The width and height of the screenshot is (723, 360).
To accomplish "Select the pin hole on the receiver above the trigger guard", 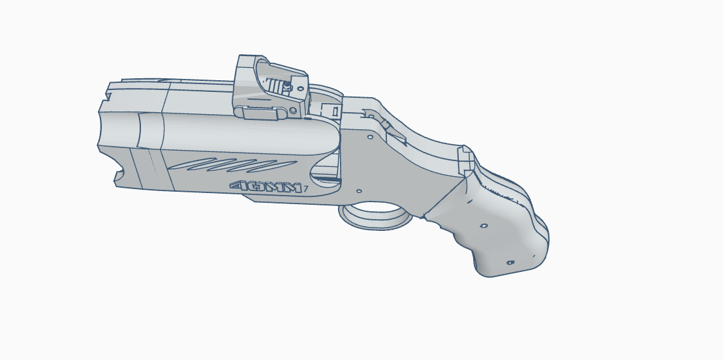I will click(359, 191).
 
